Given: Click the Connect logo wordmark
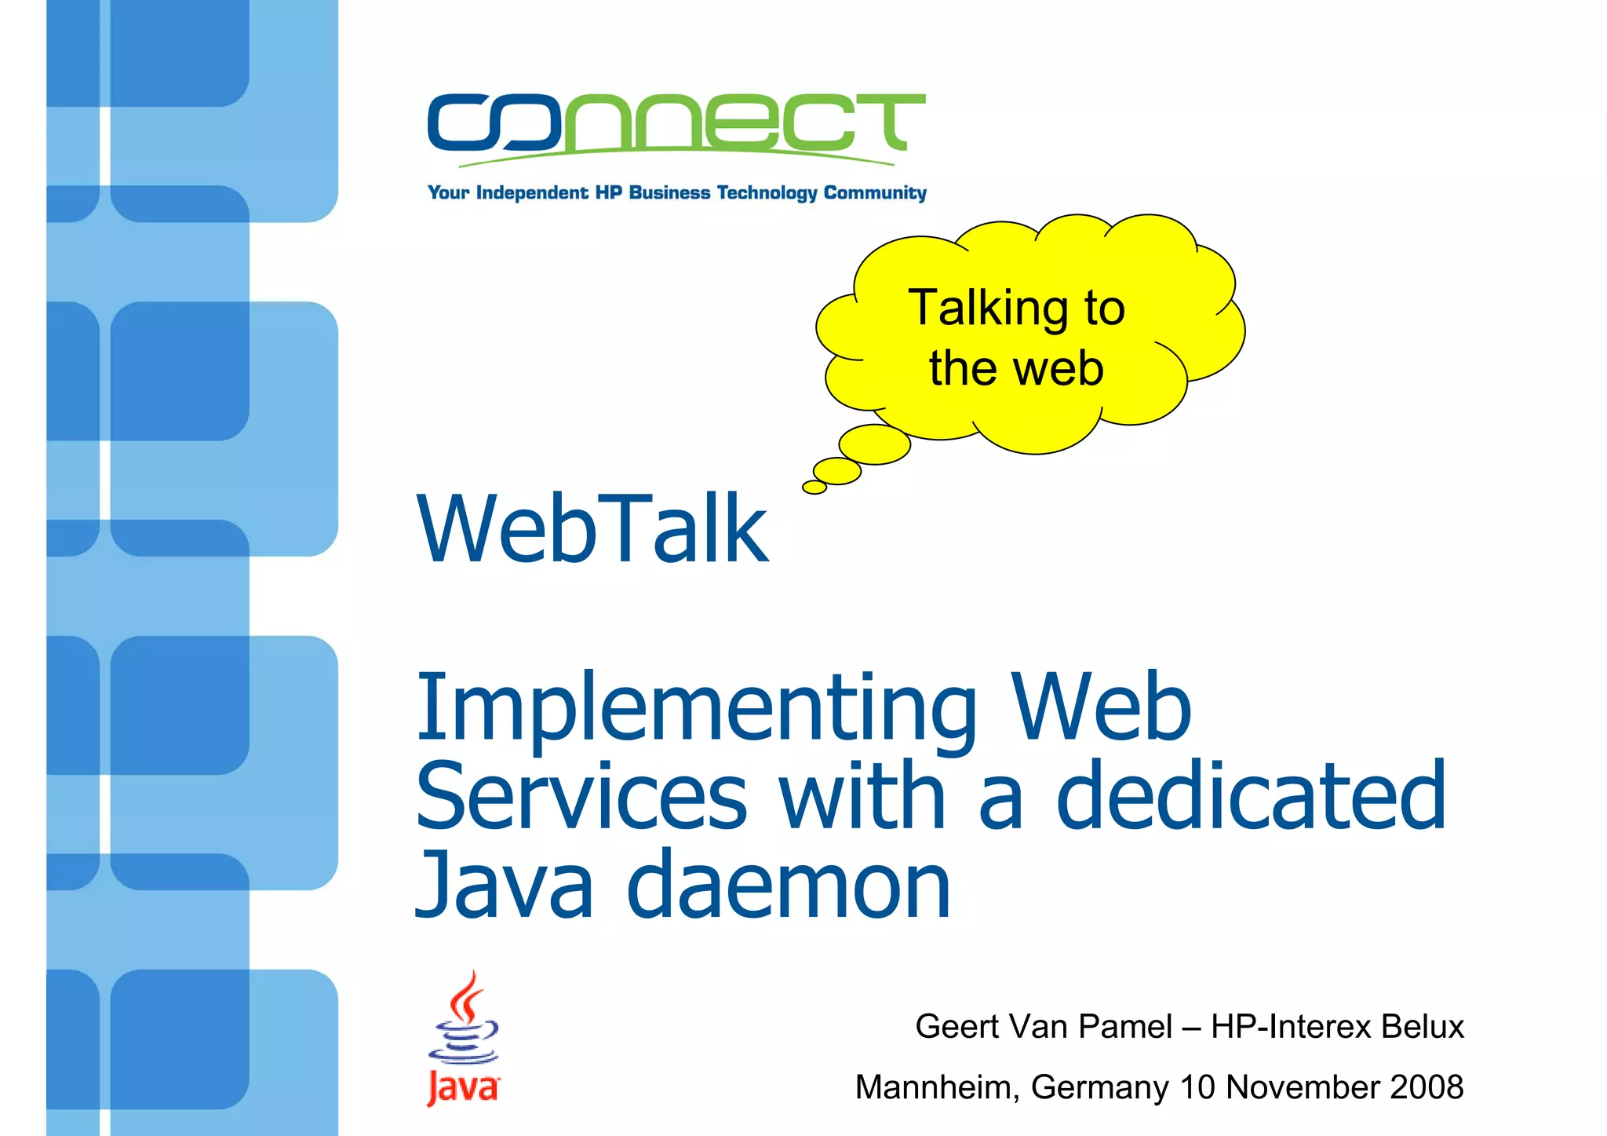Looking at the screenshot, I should (x=676, y=123).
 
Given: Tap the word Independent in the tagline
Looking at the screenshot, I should (x=531, y=193).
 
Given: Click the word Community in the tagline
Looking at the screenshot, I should (x=875, y=193).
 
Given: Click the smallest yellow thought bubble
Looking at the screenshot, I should (x=814, y=488).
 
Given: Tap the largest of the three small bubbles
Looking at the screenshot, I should (x=875, y=444).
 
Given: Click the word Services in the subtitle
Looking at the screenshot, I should (x=581, y=796).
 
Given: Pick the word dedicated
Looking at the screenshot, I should (x=1251, y=796).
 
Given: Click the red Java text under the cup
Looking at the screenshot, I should (x=463, y=1089).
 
